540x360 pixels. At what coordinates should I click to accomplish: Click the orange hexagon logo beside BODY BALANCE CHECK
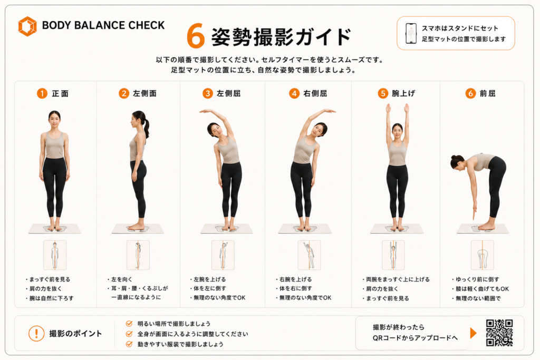pos(27,26)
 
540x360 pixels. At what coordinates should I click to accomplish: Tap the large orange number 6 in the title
pos(196,36)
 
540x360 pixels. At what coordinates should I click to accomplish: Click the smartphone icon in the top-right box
pos(410,33)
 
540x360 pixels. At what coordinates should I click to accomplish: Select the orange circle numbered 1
pos(42,93)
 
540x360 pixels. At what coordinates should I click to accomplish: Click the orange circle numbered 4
pos(294,93)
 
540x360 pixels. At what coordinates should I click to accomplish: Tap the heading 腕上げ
pos(403,93)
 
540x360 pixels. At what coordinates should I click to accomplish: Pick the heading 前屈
pos(487,93)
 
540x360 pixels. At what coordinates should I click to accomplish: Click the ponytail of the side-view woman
pos(147,128)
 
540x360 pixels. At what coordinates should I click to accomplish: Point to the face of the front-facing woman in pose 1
pos(54,121)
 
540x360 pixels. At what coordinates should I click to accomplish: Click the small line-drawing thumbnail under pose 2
pos(138,255)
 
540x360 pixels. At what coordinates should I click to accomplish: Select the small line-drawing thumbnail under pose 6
pos(482,255)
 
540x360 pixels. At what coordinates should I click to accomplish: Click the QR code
pos(499,333)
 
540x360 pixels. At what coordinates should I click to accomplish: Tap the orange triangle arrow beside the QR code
pos(473,333)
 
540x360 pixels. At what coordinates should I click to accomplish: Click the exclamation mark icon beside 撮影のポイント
pos(36,333)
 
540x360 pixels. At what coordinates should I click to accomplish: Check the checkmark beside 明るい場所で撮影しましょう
pos(129,324)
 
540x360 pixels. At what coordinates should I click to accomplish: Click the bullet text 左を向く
pos(122,279)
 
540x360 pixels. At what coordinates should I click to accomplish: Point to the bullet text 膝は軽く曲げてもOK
pos(482,289)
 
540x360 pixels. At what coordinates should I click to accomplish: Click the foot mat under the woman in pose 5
pos(397,229)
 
